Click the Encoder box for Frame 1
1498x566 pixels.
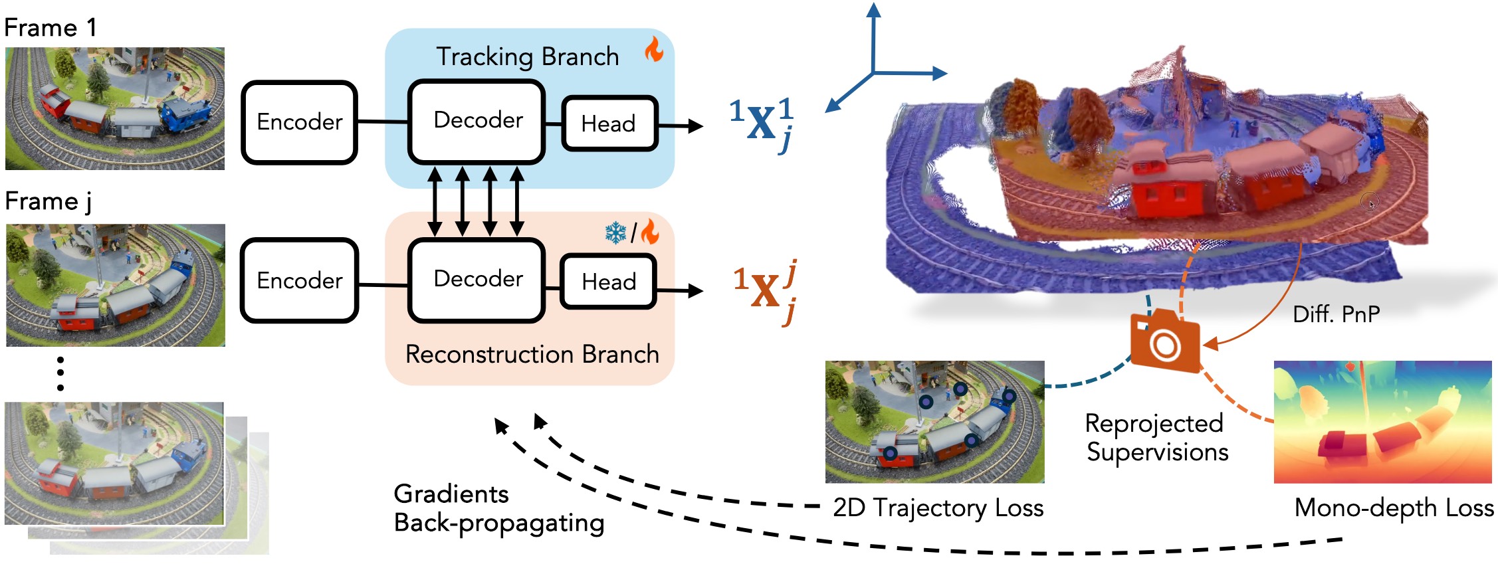coord(299,122)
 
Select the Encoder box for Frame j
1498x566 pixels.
coord(299,280)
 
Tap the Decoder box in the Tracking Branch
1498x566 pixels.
coord(477,121)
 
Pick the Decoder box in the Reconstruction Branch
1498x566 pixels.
coord(477,280)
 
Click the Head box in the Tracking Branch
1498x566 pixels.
coord(609,124)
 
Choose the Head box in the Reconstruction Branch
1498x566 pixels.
coord(609,282)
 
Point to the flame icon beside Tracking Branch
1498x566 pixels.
coord(654,48)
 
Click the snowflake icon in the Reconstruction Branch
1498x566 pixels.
coord(616,233)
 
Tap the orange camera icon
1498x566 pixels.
coord(1165,341)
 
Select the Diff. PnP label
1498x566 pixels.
coord(1336,314)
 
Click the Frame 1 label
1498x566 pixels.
coord(51,28)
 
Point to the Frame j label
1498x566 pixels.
coord(48,202)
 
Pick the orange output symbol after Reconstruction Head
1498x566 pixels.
coord(764,292)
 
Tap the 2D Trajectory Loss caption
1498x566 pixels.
coord(938,508)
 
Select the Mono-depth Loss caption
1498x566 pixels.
coord(1394,508)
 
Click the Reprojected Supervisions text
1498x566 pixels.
coord(1156,438)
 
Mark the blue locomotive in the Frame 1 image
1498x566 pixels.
coord(186,116)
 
